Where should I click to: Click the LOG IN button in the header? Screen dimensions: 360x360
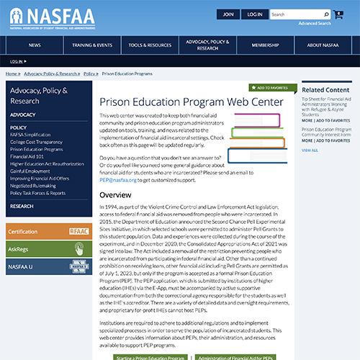tap(254, 14)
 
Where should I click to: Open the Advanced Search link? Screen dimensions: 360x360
tap(315, 24)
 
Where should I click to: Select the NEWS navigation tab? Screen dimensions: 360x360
tap(35, 45)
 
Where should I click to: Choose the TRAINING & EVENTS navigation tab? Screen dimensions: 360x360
tap(92, 45)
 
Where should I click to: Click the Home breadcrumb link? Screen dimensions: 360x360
tap(12, 73)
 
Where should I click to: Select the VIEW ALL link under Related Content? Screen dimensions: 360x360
tap(310, 150)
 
